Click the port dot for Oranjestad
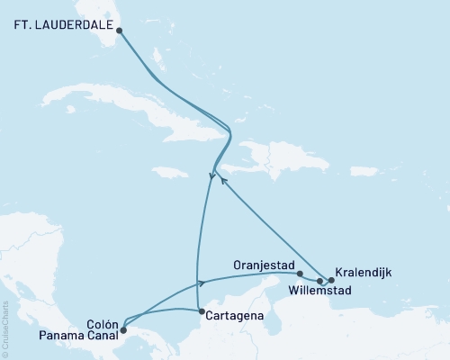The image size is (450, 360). tap(300, 274)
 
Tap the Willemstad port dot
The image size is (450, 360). tap(320, 281)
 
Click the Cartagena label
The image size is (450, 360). tap(233, 317)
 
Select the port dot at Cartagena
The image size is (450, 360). tap(200, 310)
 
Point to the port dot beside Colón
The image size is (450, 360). tap(122, 329)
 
